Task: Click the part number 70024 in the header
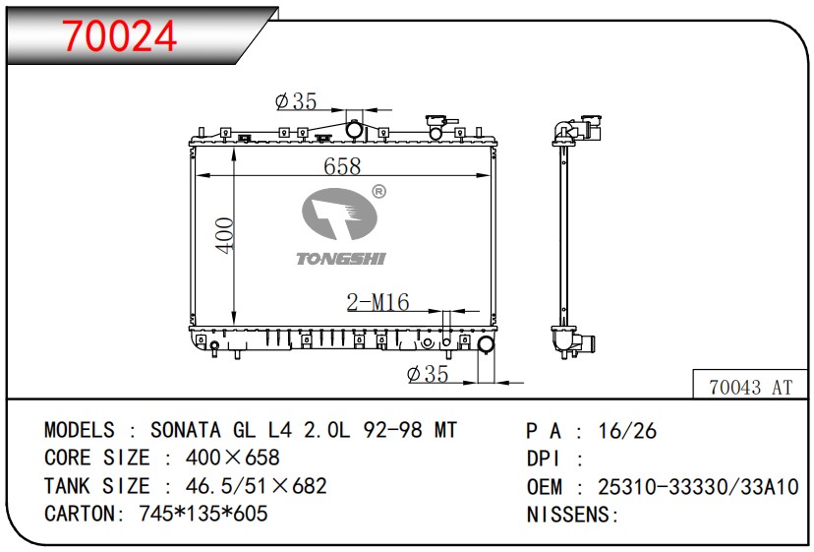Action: click(x=120, y=35)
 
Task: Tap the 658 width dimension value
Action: click(x=342, y=166)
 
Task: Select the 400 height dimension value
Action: click(x=225, y=235)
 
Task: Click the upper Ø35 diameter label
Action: click(x=296, y=101)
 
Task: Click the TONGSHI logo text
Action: click(x=341, y=258)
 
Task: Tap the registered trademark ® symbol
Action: click(x=378, y=192)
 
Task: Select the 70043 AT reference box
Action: click(x=749, y=387)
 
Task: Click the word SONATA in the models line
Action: click(x=186, y=430)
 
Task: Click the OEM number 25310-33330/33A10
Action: click(x=698, y=486)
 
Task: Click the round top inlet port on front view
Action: click(x=354, y=129)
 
